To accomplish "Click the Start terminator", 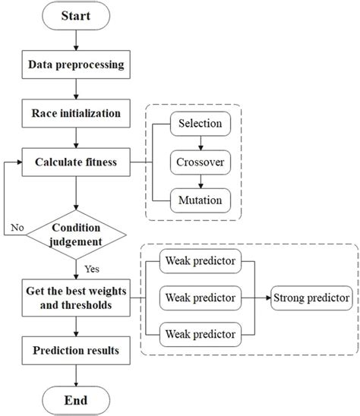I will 75,17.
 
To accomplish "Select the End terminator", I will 75,399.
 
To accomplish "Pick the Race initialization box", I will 75,114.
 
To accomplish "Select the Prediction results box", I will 75,351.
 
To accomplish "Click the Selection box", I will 201,122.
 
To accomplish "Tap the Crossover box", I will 201,161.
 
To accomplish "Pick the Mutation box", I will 201,200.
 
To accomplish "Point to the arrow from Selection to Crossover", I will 201,141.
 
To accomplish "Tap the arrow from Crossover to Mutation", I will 201,181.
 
